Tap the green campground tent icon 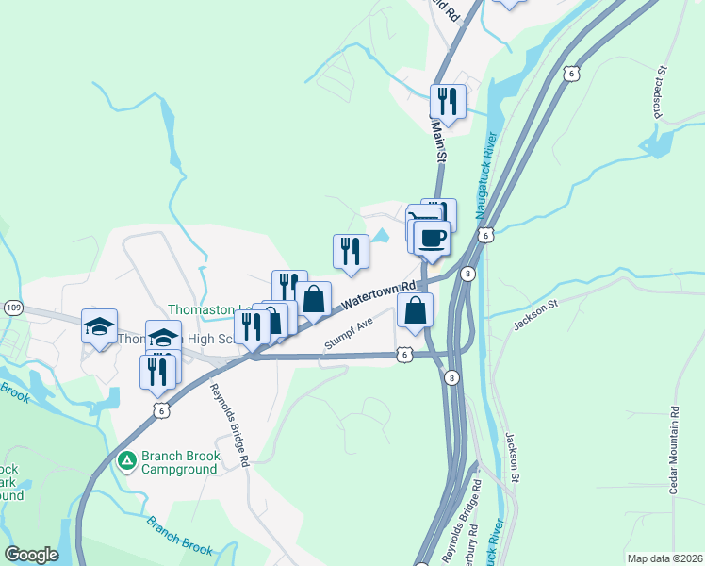126,461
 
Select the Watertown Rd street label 379,295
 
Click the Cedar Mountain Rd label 675,448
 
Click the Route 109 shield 13,308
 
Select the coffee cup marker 432,240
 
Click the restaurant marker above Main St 447,101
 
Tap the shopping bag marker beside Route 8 415,310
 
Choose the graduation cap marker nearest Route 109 100,326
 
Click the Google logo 31,555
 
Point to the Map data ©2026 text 664,558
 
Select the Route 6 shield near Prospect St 569,73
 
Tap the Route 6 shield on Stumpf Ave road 403,354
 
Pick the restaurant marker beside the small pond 351,252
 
